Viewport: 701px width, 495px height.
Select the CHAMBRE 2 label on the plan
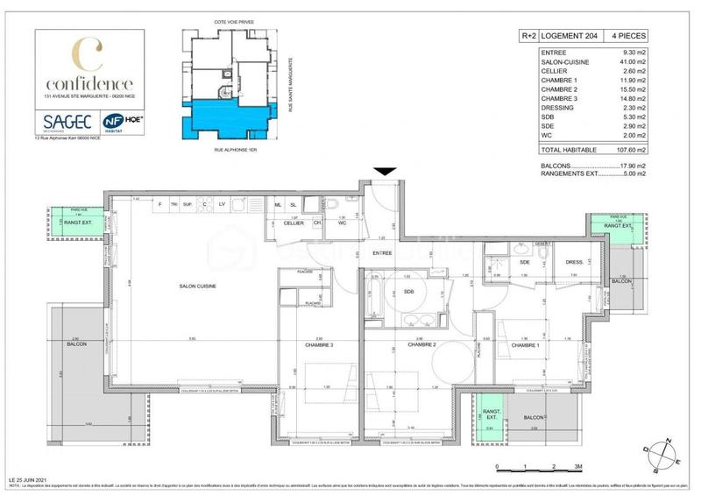pos(421,345)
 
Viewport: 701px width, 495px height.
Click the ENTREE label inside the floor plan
pos(382,253)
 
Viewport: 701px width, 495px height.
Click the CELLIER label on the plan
pos(293,223)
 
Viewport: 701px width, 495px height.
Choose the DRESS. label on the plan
pos(575,261)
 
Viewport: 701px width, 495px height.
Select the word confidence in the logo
pos(86,82)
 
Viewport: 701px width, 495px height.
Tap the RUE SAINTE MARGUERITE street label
pos(288,88)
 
